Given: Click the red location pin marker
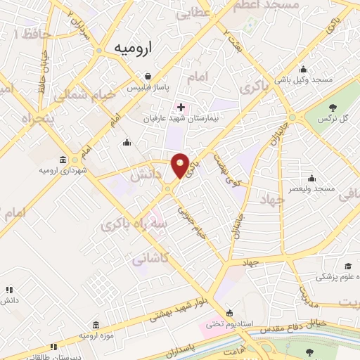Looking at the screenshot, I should pyautogui.click(x=181, y=165).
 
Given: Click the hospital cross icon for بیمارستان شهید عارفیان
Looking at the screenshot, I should pyautogui.click(x=181, y=107).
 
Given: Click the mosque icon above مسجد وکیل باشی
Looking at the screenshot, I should pyautogui.click(x=302, y=69).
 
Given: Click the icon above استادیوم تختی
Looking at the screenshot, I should pyautogui.click(x=230, y=313).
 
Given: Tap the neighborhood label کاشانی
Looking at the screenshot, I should pyautogui.click(x=150, y=259).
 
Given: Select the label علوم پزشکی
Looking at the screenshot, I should pyautogui.click(x=335, y=277).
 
